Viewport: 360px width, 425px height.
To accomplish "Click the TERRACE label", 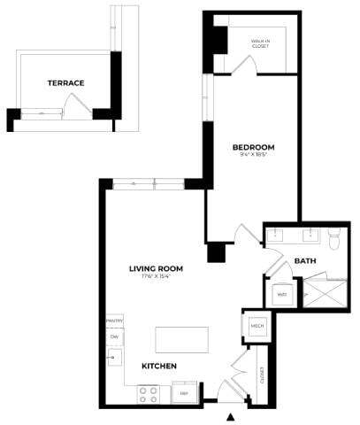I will [65, 83].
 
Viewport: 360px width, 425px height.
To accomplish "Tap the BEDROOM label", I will [253, 147].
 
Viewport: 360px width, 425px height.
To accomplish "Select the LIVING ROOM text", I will [156, 269].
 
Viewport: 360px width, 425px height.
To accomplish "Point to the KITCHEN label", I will [159, 366].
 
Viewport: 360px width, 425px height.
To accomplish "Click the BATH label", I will [305, 261].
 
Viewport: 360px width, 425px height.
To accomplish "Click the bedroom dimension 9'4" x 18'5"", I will [253, 156].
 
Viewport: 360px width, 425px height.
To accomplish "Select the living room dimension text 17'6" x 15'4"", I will [156, 278].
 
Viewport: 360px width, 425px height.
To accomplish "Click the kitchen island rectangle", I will [181, 340].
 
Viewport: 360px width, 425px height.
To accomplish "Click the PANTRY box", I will [113, 320].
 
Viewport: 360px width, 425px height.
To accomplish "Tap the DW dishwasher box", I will [113, 336].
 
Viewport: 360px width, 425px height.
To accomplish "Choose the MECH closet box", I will [258, 325].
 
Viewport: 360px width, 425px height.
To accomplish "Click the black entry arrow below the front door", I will [231, 416].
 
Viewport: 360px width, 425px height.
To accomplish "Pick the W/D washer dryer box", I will [282, 294].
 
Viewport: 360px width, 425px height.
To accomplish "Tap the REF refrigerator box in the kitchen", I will [185, 391].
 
